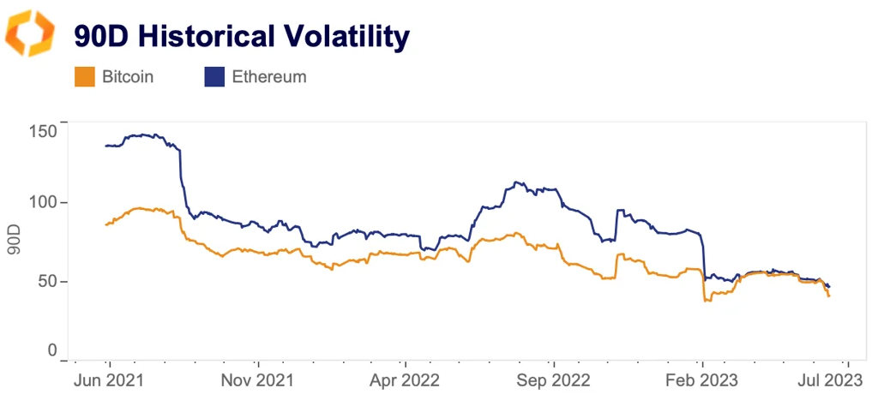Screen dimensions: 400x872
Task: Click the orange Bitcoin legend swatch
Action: click(84, 77)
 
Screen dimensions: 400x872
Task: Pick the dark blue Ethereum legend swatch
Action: click(213, 77)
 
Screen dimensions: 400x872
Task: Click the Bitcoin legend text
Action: click(128, 77)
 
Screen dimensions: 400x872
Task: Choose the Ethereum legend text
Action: click(269, 77)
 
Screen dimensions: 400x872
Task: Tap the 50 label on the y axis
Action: click(50, 281)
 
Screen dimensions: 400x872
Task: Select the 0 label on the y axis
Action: click(53, 350)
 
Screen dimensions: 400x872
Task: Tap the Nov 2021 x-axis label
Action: click(257, 379)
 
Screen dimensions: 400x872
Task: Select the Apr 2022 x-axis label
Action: click(406, 379)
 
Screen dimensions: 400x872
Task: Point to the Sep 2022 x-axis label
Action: click(554, 379)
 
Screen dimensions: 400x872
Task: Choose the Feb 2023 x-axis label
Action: click(702, 379)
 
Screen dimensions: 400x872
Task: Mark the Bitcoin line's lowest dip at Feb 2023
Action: click(706, 300)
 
